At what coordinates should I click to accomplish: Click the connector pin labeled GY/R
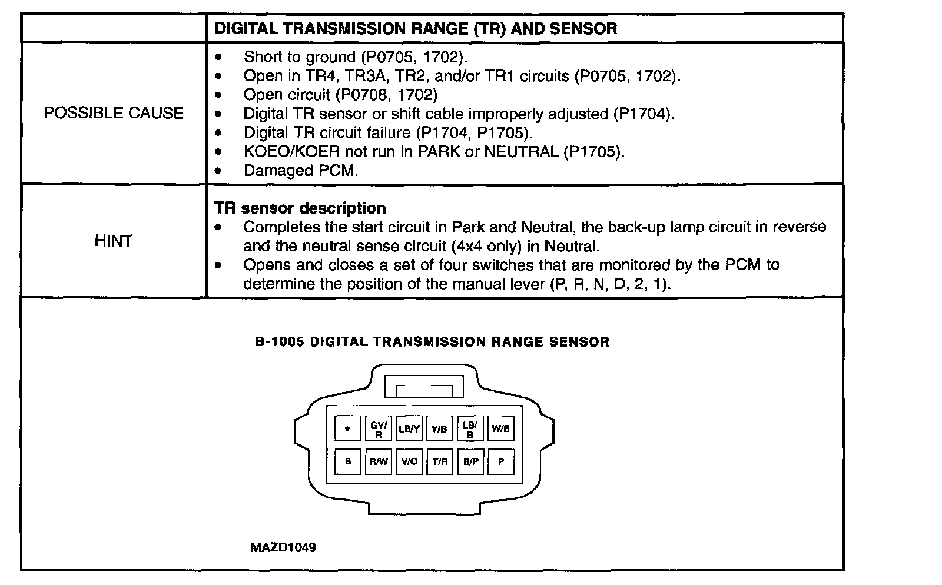tap(379, 429)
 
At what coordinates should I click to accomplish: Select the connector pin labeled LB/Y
tap(409, 429)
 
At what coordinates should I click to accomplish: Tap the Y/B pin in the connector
tap(439, 429)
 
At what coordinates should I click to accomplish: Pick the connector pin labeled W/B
tap(500, 429)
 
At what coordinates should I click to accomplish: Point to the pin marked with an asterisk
tap(348, 429)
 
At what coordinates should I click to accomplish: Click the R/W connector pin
tap(379, 461)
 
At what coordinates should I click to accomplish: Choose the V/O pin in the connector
tap(409, 461)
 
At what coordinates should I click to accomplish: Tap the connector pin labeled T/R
tap(440, 461)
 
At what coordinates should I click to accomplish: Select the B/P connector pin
tap(470, 461)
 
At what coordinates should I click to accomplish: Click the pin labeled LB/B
tap(470, 429)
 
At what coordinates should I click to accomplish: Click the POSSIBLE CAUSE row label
tap(114, 113)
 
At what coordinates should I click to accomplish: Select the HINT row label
tap(113, 241)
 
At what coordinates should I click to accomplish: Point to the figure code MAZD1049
tap(283, 547)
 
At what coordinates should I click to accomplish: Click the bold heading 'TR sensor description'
tap(300, 208)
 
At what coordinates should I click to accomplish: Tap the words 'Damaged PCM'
tap(300, 171)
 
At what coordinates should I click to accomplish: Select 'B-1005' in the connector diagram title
tap(280, 342)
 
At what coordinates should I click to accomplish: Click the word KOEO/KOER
tap(291, 152)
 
